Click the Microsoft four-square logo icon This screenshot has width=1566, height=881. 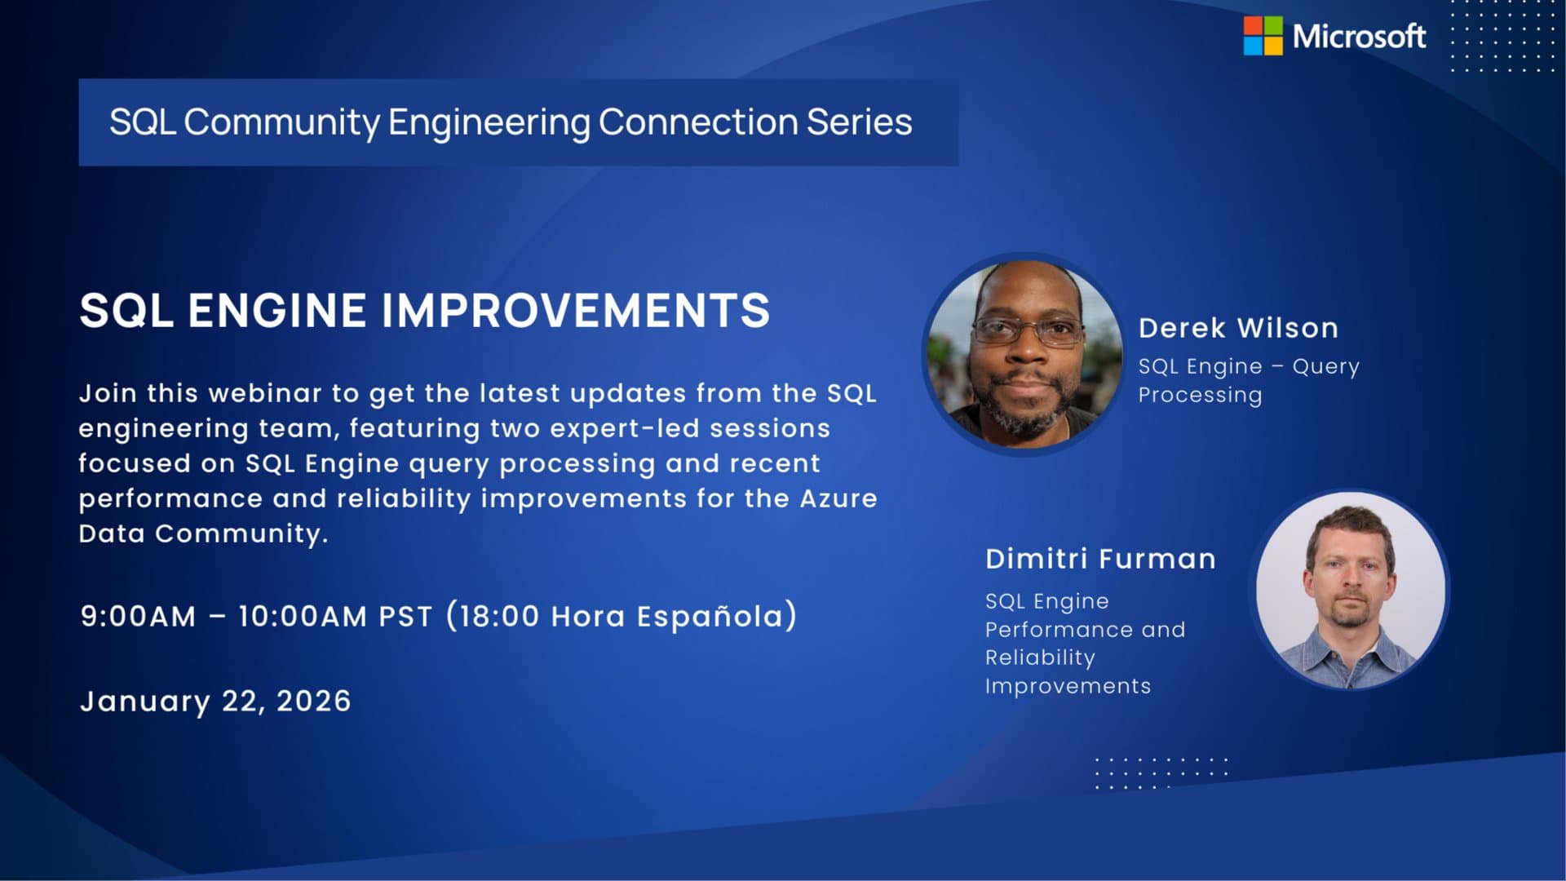pos(1263,36)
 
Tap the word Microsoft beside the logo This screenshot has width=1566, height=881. pos(1359,37)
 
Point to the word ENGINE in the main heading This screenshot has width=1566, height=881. pos(277,311)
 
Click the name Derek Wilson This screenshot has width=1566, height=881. pos(1238,328)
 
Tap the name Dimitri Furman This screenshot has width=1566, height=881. pos(1100,559)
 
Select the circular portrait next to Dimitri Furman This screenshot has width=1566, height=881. pos(1351,590)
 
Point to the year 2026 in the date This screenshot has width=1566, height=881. pos(314,702)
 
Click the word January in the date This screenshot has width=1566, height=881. pos(145,702)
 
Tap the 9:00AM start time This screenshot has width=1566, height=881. pos(138,617)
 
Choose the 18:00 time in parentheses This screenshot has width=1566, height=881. pos(498,617)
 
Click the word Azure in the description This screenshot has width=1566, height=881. pos(838,498)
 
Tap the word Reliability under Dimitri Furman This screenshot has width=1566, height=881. pos(1040,657)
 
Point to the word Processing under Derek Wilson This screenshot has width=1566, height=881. pos(1200,396)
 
